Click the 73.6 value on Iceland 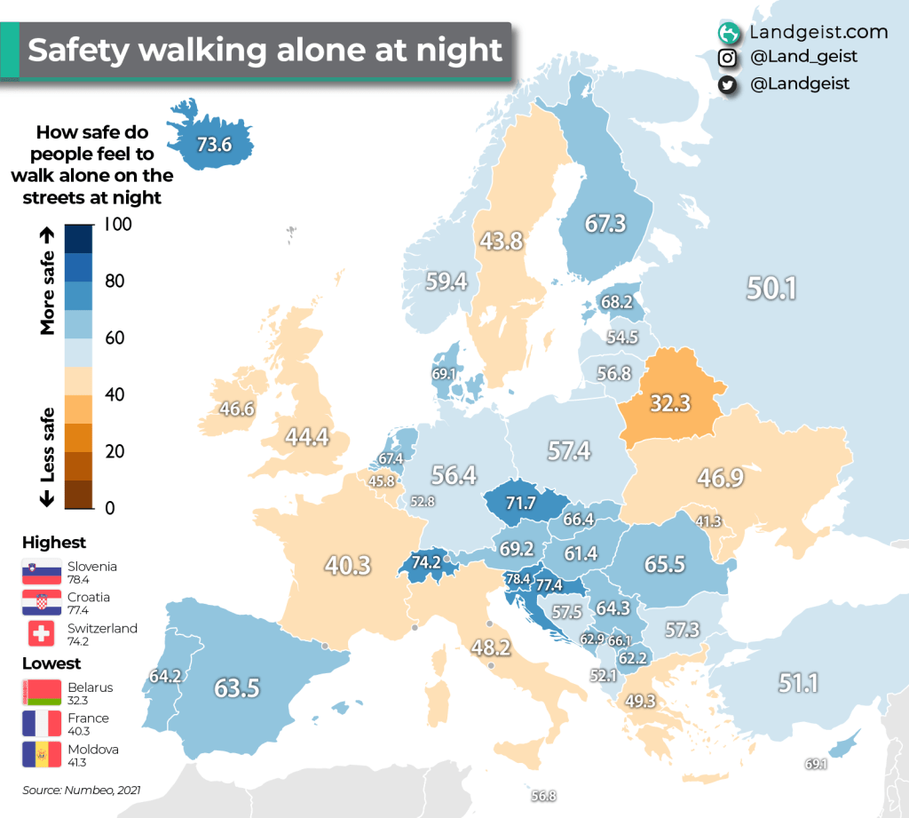tap(214, 142)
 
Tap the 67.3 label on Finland tap(605, 224)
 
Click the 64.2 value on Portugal tap(165, 676)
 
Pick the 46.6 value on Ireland tap(237, 409)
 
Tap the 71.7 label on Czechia tap(520, 504)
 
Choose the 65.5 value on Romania tap(664, 565)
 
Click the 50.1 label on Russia tap(771, 289)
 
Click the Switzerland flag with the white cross tap(42, 634)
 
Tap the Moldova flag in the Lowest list tap(42, 755)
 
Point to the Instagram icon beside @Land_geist tap(728, 58)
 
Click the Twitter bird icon tap(728, 84)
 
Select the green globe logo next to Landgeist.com tap(729, 33)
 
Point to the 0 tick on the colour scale tap(110, 508)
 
